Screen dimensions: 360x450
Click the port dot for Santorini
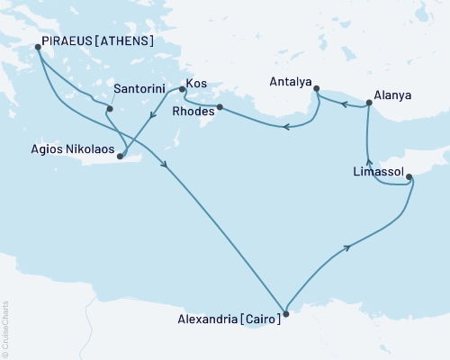(109, 109)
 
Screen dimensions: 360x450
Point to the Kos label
(196, 84)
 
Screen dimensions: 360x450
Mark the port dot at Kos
(183, 88)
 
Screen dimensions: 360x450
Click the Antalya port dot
(316, 87)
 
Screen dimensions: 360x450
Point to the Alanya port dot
(369, 105)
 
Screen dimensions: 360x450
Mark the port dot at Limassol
(410, 177)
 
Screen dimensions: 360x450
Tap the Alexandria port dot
(286, 314)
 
